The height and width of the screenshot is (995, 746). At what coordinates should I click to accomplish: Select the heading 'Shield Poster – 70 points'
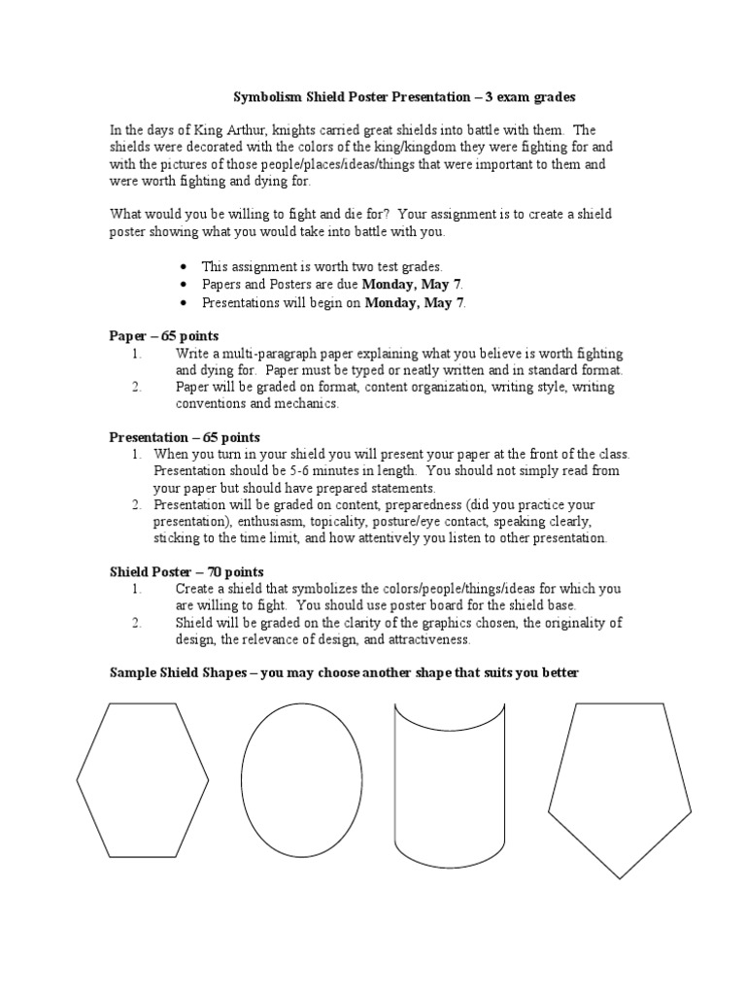[x=186, y=572]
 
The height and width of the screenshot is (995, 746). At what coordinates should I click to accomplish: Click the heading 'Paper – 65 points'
[x=163, y=336]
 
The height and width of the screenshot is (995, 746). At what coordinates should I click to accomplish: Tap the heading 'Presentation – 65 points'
[x=184, y=437]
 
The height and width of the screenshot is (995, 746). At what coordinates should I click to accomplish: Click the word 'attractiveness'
[x=424, y=639]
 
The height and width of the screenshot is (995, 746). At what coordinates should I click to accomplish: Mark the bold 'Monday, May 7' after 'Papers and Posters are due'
[x=412, y=285]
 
